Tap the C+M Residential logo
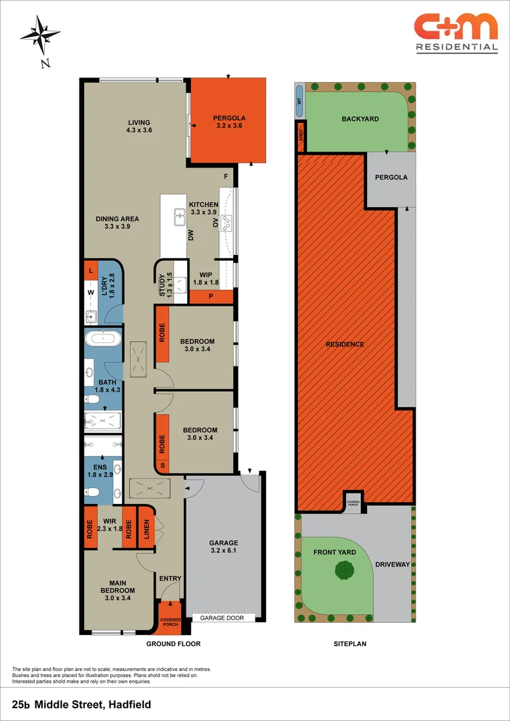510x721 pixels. tap(456, 32)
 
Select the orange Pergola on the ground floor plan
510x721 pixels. tap(228, 120)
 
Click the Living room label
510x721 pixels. tap(139, 126)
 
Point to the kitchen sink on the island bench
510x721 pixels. tap(179, 216)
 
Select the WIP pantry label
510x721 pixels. tap(205, 278)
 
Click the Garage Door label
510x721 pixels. tap(223, 618)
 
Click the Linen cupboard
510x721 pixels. tap(146, 526)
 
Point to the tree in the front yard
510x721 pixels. tap(344, 570)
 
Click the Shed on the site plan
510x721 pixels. tap(301, 137)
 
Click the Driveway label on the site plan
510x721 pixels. tap(392, 565)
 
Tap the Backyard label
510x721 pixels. tap(360, 119)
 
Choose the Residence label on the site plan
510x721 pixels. tap(345, 344)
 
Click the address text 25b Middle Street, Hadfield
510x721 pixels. tap(82, 704)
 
